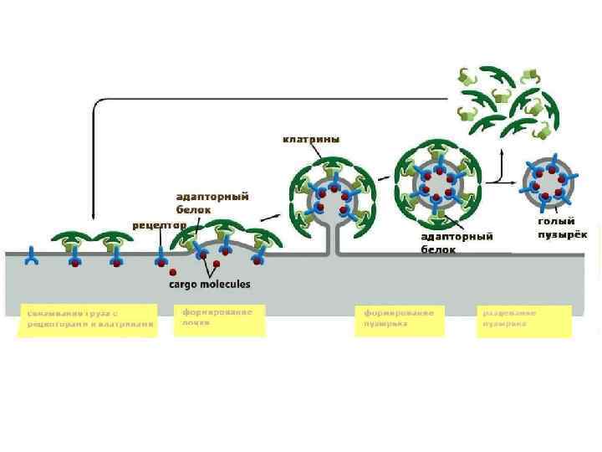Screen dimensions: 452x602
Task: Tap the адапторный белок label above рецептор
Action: (x=212, y=202)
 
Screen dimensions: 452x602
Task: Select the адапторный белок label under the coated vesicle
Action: (x=456, y=243)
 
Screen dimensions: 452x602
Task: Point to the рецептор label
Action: (x=159, y=225)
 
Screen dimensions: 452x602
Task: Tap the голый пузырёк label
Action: (x=557, y=228)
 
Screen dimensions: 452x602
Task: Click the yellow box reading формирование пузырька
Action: (x=400, y=319)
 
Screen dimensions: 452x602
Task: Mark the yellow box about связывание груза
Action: (x=88, y=320)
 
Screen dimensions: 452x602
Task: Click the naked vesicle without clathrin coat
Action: (x=547, y=181)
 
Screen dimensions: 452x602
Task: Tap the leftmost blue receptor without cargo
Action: (x=32, y=256)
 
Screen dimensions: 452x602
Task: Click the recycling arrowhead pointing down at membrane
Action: (x=93, y=219)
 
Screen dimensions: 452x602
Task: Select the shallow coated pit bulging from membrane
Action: (x=226, y=242)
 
